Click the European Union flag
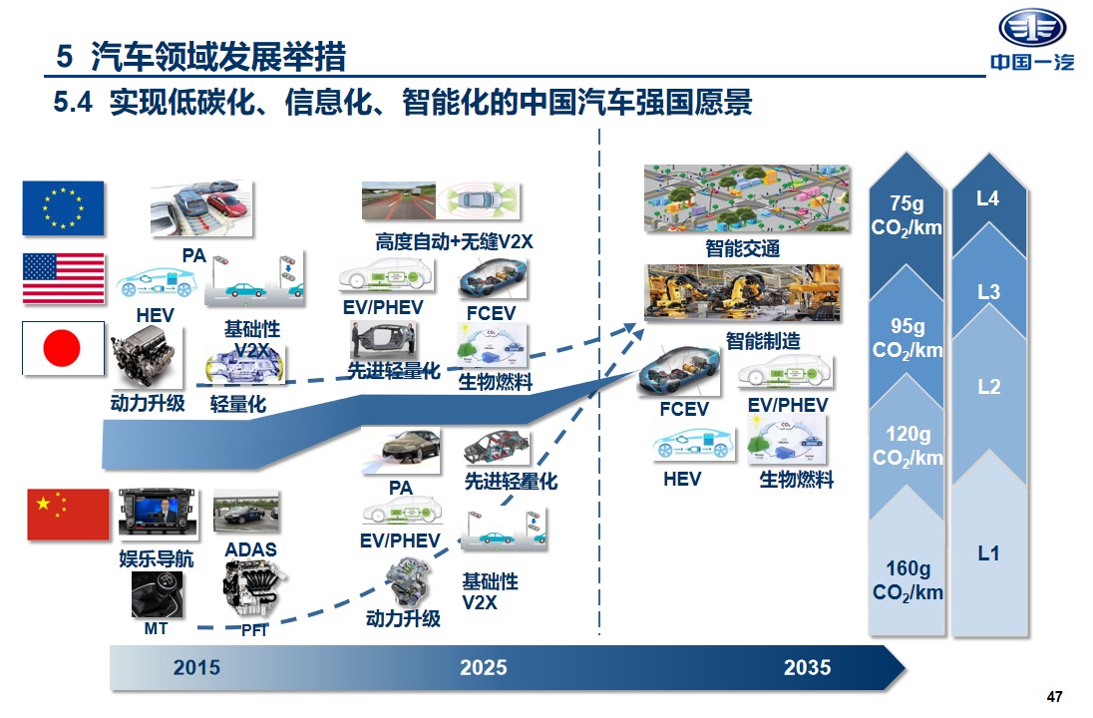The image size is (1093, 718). pos(64,207)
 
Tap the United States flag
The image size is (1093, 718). pos(64,278)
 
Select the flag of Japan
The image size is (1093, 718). pos(64,348)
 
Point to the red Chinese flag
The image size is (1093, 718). pos(68,515)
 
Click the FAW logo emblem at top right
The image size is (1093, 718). pos(1032,29)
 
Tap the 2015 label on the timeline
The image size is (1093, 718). pos(196,668)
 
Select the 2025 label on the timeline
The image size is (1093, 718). pos(483,668)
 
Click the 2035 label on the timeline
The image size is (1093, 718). pos(807,668)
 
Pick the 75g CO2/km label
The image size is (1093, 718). pos(907,215)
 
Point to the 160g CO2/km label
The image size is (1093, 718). pos(908,580)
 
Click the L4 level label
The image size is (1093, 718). pos(987,198)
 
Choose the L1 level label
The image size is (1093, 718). pos(988,553)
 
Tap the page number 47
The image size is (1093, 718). pos(1055,696)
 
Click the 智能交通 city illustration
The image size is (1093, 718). pos(747,198)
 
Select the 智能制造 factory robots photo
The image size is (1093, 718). pos(742,293)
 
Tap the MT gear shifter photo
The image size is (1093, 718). pos(157,594)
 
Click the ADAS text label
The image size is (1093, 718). pos(251,550)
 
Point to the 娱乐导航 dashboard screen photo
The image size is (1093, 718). pos(159,514)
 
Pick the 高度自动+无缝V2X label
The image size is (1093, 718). pos(454,242)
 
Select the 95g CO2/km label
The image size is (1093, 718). pos(907,338)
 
